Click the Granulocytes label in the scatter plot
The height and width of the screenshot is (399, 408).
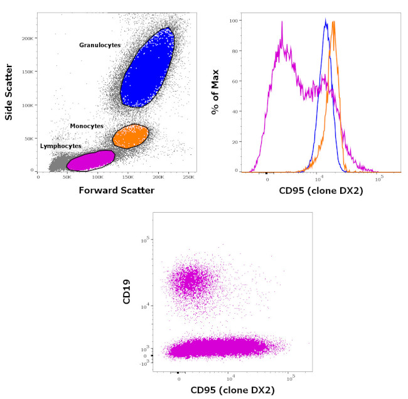pos(100,45)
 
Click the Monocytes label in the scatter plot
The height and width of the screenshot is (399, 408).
pos(87,126)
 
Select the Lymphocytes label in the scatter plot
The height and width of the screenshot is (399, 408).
pos(60,146)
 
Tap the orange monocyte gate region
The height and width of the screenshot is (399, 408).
pos(130,136)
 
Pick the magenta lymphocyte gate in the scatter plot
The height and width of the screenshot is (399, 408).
pos(90,160)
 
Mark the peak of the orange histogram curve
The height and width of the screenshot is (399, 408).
pos(334,22)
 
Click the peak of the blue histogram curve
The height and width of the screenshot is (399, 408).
pos(326,20)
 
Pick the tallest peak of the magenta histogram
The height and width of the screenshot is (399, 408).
pos(282,23)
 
